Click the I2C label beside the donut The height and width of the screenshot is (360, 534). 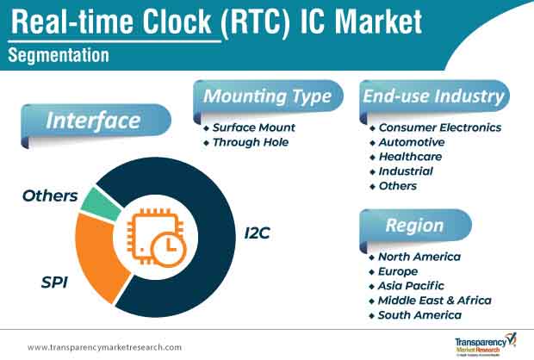(258, 233)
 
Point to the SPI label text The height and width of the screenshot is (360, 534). (54, 282)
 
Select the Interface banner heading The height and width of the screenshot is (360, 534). (93, 121)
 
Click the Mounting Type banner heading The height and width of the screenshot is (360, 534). (267, 96)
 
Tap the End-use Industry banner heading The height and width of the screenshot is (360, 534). (433, 96)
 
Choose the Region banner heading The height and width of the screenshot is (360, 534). (414, 226)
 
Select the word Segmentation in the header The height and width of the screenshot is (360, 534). (59, 55)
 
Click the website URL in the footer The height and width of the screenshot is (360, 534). (104, 347)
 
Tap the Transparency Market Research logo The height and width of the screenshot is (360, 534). (486, 344)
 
